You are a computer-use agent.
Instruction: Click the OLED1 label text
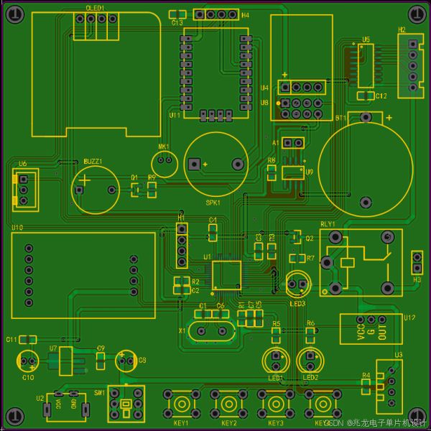[95, 7]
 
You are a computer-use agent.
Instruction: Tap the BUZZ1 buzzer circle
[95, 189]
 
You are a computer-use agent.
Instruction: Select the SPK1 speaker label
[213, 202]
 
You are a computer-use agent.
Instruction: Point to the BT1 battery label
[340, 116]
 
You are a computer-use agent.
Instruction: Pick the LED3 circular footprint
[297, 283]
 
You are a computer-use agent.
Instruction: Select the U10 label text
[17, 228]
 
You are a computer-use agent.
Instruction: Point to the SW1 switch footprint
[126, 406]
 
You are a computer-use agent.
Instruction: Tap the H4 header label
[246, 14]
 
